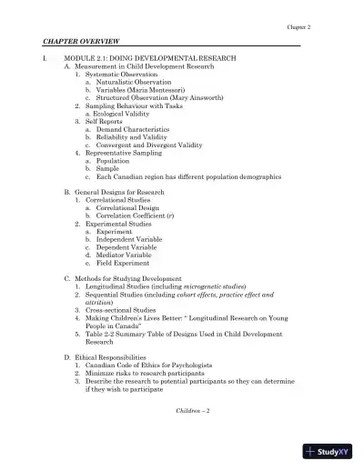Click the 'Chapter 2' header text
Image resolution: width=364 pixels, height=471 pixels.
click(x=298, y=27)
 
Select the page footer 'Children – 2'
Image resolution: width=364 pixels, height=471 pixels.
click(x=193, y=412)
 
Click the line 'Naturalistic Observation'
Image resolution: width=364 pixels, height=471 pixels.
click(x=126, y=82)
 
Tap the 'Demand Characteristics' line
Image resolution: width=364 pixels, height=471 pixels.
click(x=131, y=129)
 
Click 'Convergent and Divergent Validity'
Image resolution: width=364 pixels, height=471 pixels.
click(x=146, y=145)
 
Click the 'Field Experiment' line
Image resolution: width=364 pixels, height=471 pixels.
click(x=122, y=263)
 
